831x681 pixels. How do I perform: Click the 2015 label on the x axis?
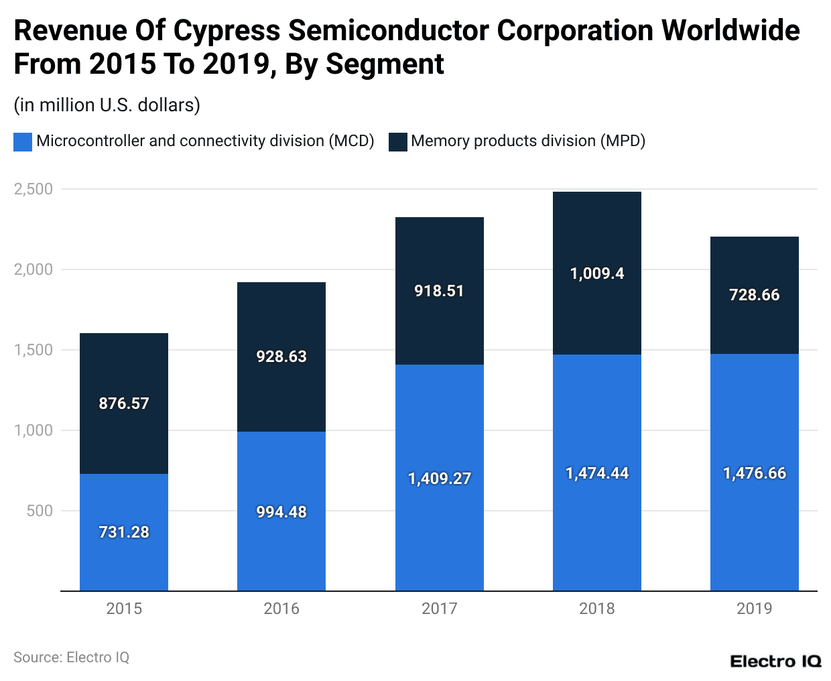point(124,609)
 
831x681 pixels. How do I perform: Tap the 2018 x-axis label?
point(596,609)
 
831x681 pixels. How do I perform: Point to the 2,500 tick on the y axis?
point(34,189)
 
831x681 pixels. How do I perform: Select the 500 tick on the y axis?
point(40,511)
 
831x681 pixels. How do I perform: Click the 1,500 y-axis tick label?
point(34,350)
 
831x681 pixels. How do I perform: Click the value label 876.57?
point(124,404)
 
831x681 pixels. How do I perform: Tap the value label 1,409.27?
point(440,479)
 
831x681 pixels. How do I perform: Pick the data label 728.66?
point(755,295)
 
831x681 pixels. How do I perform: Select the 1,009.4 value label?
point(596,273)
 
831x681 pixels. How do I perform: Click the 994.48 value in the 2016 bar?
point(281,512)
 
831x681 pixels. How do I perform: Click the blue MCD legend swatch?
point(23,141)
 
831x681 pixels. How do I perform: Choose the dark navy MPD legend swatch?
point(398,141)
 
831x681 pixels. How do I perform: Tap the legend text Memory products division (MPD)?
point(528,141)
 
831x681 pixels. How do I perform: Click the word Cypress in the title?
point(226,31)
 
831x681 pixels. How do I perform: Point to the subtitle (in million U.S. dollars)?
point(107,105)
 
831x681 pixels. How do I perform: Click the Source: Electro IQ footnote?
point(71,658)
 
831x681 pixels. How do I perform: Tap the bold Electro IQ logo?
point(775,662)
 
